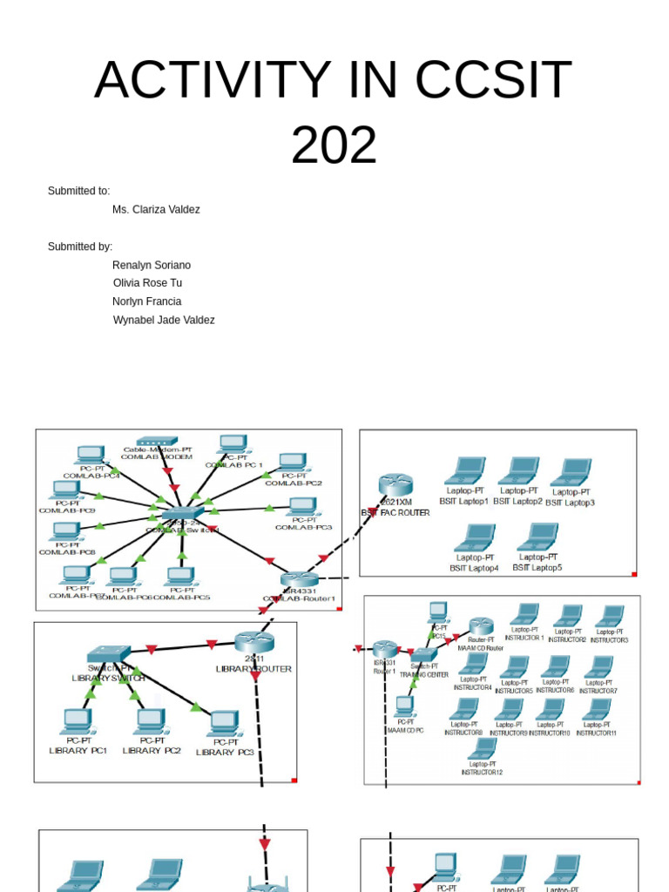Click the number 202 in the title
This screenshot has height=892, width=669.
click(x=334, y=145)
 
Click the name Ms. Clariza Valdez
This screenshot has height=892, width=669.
click(x=156, y=210)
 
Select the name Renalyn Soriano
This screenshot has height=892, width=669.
click(x=152, y=265)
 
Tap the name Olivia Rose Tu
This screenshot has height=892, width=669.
click(x=147, y=283)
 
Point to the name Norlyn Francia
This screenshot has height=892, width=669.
click(x=147, y=301)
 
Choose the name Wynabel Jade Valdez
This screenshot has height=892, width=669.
click(x=164, y=321)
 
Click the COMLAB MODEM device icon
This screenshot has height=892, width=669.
click(x=157, y=442)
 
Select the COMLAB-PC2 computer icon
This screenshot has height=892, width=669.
click(x=293, y=462)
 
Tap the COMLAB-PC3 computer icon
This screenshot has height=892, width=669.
click(x=303, y=506)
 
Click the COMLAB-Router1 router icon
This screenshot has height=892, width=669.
click(x=300, y=579)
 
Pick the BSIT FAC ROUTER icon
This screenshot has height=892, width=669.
click(x=395, y=485)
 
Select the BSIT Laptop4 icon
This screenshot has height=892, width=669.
click(x=475, y=537)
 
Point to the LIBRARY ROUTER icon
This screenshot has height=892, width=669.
click(x=254, y=642)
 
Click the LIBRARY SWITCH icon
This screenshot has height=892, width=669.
click(x=109, y=654)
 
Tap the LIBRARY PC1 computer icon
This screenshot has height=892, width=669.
click(x=78, y=721)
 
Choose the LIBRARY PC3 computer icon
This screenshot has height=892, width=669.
click(x=225, y=723)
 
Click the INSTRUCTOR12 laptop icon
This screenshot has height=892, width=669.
click(x=483, y=748)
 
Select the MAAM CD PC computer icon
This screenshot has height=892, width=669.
click(x=405, y=706)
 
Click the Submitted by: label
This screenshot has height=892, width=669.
click(x=80, y=247)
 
